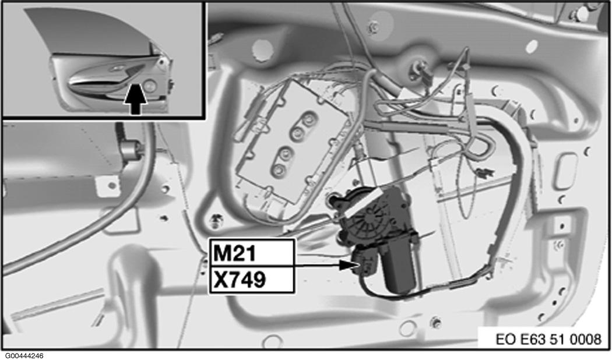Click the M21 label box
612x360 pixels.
pos(252,253)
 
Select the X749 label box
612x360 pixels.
pos(252,280)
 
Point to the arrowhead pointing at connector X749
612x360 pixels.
pos(346,265)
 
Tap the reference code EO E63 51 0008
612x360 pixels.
pos(548,339)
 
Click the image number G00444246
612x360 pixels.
pos(22,356)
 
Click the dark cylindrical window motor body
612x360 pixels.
pos(399,265)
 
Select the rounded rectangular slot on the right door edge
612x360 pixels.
pos(565,171)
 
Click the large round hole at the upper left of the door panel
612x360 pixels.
pos(262,50)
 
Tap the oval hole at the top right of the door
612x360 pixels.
pos(531,47)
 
